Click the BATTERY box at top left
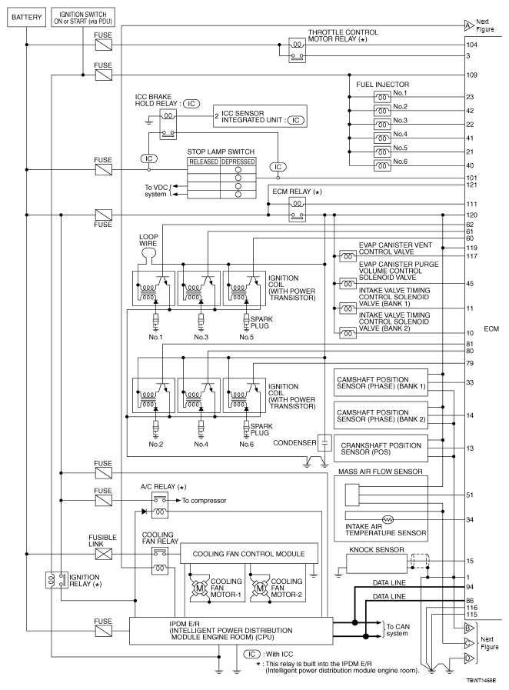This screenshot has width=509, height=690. [x=26, y=15]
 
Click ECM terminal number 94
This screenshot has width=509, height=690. [x=469, y=586]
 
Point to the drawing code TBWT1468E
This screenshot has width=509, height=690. [x=481, y=682]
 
